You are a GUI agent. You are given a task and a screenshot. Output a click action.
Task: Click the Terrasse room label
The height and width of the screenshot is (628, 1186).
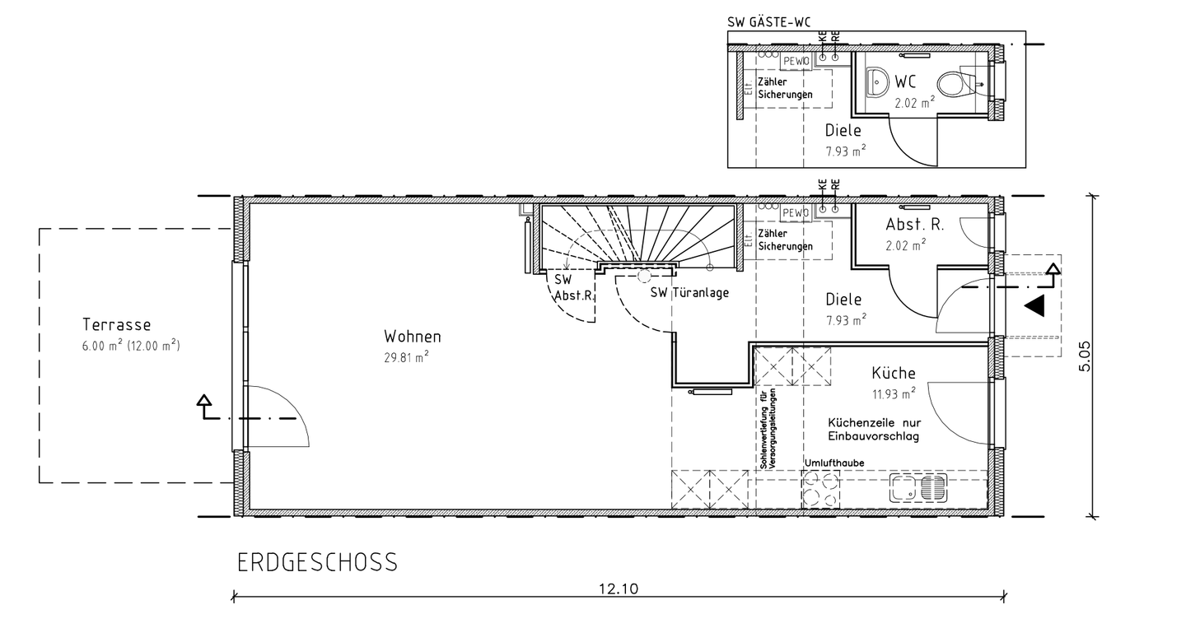coord(116,324)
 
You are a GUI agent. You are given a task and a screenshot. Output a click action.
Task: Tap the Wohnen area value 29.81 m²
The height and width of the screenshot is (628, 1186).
coord(406,358)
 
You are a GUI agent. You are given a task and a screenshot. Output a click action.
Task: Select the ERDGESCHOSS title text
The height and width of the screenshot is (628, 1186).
coord(317,562)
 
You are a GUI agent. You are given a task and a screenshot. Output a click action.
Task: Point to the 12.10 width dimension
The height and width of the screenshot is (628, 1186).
coord(619,588)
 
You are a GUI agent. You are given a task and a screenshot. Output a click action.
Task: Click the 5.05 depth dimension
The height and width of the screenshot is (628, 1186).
coord(1085,356)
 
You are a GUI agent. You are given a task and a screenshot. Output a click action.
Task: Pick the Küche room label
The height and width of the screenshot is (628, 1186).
coord(893,373)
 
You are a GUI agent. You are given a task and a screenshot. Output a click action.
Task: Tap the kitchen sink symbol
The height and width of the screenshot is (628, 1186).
coord(918,488)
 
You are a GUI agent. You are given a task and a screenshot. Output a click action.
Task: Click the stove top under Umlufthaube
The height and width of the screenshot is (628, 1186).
coord(820,489)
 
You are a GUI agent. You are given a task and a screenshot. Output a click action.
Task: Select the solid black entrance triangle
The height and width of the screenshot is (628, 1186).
coord(1034,306)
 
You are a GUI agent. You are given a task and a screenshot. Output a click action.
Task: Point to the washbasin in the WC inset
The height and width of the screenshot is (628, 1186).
coord(878,82)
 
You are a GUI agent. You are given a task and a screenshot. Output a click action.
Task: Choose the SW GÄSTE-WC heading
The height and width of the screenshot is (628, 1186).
coord(768,22)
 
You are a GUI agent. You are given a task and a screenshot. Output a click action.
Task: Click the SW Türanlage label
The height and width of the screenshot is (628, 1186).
coord(689,292)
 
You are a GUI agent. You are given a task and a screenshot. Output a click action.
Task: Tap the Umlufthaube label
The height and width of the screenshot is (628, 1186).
coord(833,463)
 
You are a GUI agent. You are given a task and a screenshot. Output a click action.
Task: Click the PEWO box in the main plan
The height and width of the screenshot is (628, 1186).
coord(796,212)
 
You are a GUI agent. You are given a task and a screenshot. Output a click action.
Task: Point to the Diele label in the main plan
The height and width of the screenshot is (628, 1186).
coord(843,300)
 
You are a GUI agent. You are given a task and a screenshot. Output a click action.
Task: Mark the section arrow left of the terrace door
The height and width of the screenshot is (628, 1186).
coord(204,407)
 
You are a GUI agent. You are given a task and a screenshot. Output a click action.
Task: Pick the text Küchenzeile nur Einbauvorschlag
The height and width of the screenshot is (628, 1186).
coord(874,430)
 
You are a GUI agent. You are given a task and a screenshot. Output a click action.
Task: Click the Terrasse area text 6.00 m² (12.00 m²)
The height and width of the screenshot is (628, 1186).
coord(131,346)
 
